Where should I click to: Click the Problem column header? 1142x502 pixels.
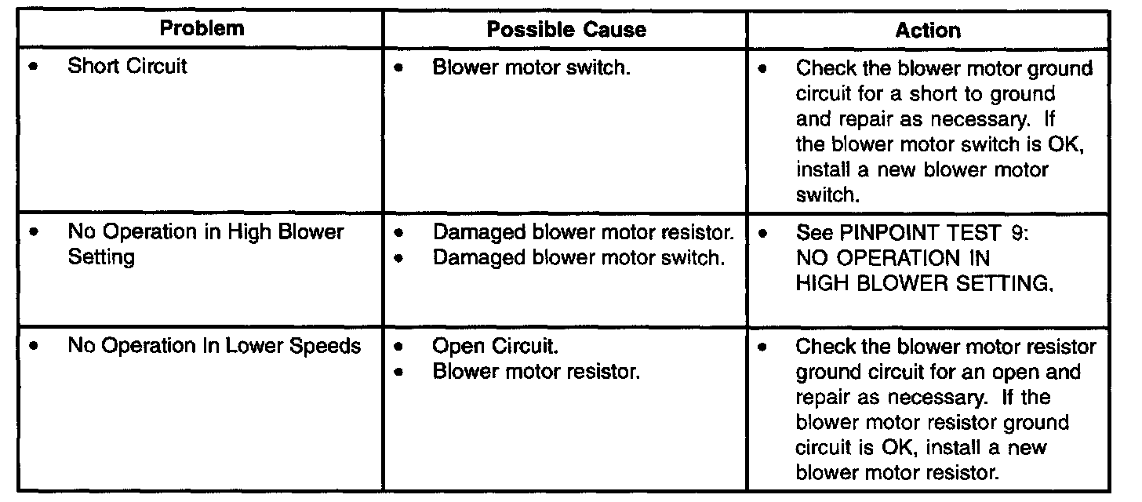(202, 29)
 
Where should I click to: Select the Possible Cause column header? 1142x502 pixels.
(566, 30)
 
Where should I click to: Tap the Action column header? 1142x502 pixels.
(927, 30)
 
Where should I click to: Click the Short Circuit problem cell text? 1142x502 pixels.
(127, 66)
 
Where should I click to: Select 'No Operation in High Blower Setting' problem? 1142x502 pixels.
(205, 245)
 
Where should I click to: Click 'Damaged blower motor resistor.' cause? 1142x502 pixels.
(584, 233)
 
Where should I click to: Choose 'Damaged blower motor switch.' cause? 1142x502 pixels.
(577, 257)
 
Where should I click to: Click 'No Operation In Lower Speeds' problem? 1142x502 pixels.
(214, 346)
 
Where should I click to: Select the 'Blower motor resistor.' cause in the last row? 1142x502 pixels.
(536, 371)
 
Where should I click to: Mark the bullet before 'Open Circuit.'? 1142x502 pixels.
(400, 346)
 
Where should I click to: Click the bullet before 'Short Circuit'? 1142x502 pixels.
(33, 66)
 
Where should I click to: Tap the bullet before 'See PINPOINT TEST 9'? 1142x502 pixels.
(762, 233)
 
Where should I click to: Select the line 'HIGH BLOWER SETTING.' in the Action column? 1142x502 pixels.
(923, 283)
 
